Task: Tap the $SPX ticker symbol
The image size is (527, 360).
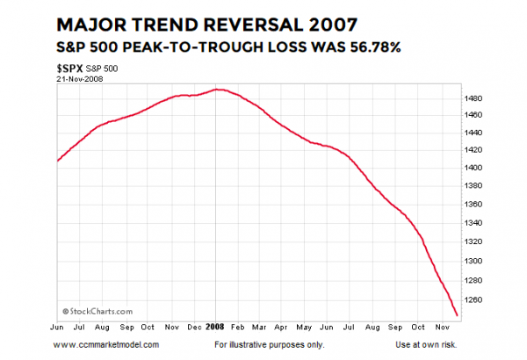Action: tap(70, 67)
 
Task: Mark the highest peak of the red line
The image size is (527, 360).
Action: tap(217, 90)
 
